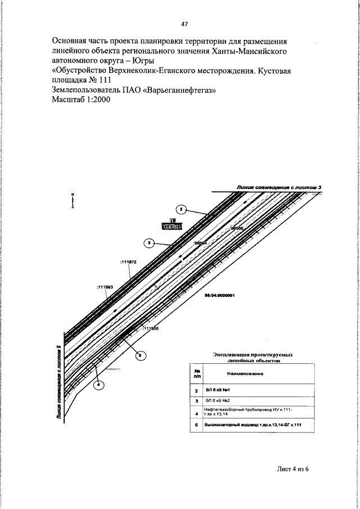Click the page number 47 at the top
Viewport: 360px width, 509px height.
pos(184,24)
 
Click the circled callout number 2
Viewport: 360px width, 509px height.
pos(182,208)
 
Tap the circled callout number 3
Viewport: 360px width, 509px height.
pos(149,243)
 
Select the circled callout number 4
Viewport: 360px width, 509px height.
pos(98,385)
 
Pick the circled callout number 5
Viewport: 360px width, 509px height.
pos(141,354)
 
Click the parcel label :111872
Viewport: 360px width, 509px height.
pos(128,262)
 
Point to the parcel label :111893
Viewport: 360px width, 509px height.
pos(105,287)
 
